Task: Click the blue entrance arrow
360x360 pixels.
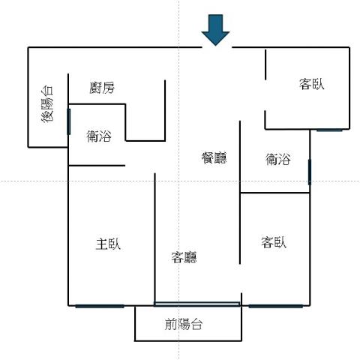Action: tap(215, 30)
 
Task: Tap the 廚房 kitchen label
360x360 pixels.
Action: tap(102, 88)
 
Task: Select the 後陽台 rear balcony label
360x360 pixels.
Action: tap(47, 104)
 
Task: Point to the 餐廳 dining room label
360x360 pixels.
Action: tap(214, 157)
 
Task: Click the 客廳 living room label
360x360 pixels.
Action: tap(184, 257)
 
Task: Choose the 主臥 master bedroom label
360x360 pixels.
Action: tap(108, 244)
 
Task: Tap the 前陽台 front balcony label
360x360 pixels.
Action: tap(184, 324)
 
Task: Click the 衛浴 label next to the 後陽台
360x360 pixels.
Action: tap(99, 136)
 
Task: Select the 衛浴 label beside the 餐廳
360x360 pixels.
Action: tap(278, 159)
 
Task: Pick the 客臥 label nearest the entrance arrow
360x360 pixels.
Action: tap(312, 84)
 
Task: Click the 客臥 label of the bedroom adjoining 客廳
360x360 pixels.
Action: tap(274, 242)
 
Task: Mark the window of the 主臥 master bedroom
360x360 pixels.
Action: tap(100, 306)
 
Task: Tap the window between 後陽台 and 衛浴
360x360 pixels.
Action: tap(68, 121)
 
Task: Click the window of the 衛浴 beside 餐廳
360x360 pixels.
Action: tap(310, 172)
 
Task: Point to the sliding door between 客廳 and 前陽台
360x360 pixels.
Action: tap(196, 304)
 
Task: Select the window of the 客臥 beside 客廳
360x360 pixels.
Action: tap(276, 306)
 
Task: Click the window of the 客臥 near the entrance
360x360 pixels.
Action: tap(329, 130)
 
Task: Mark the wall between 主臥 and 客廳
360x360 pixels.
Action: tap(154, 239)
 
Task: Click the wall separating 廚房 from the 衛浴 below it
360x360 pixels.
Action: tap(97, 103)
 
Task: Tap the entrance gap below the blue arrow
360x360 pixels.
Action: tap(217, 47)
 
